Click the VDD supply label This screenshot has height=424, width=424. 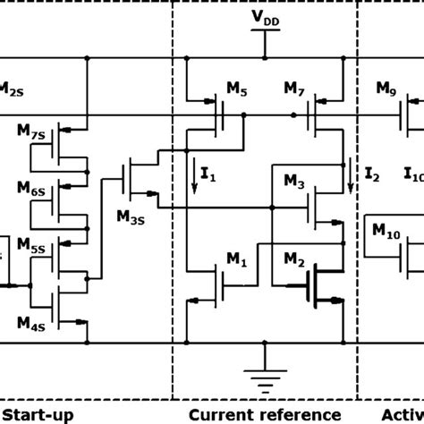pyautogui.click(x=265, y=17)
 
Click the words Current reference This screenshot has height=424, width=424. pyautogui.click(x=265, y=414)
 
